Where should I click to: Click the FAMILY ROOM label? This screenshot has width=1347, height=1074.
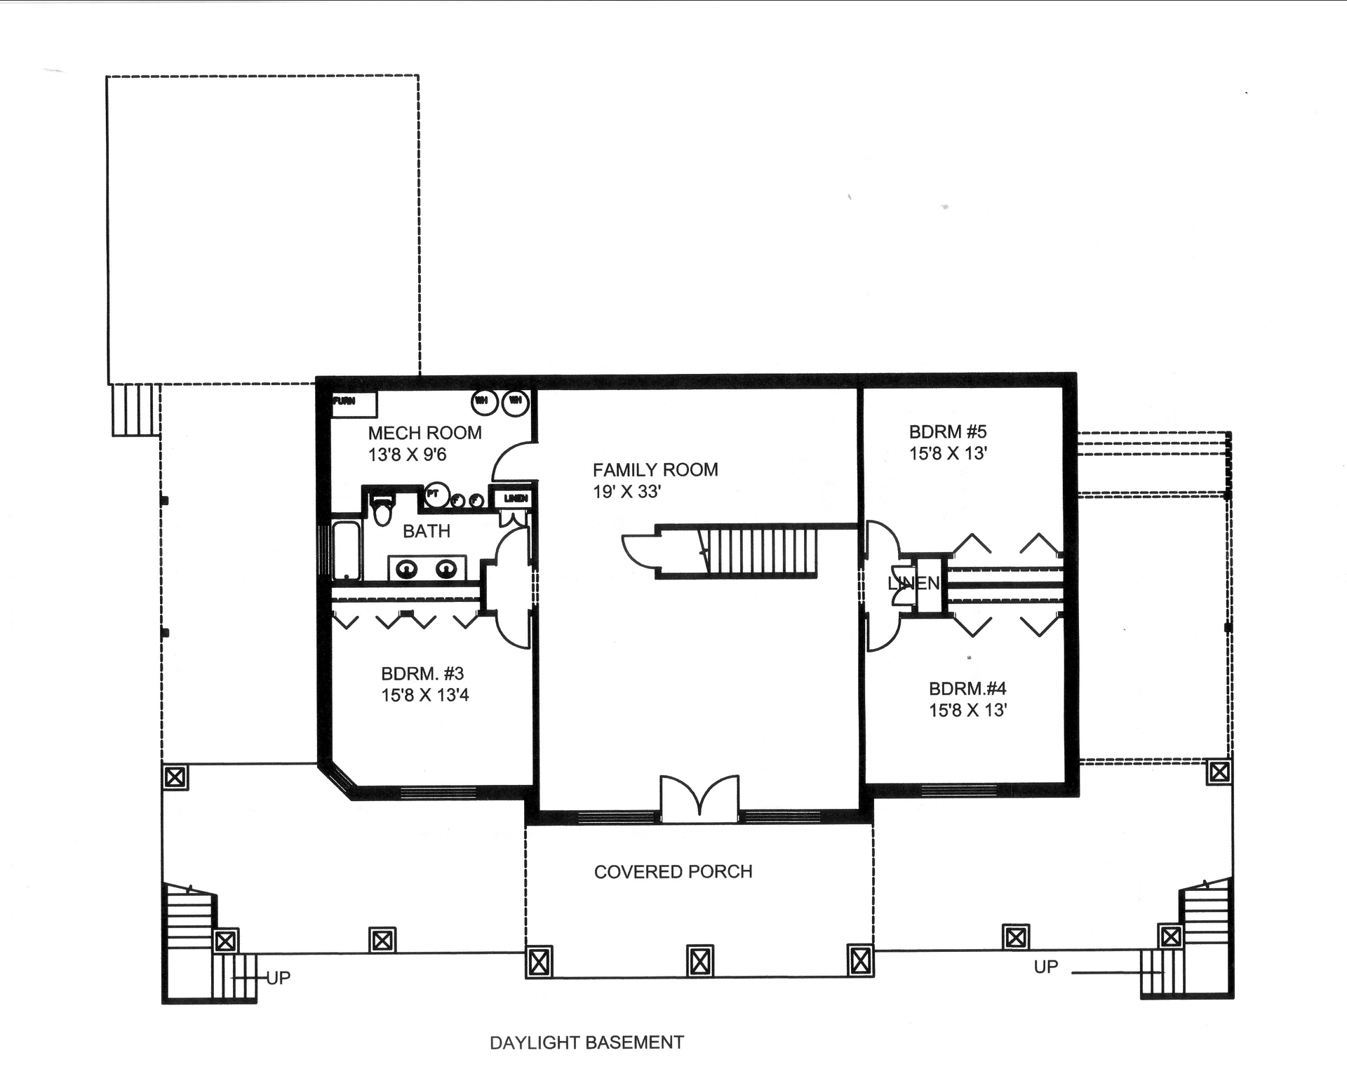click(x=655, y=469)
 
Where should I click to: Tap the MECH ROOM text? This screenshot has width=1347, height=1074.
click(x=424, y=433)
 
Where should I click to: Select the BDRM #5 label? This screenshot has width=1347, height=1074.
click(x=948, y=431)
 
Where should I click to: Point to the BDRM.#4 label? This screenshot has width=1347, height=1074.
click(x=967, y=688)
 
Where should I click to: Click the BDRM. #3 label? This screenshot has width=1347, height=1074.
click(x=422, y=673)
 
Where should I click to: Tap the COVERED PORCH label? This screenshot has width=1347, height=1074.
click(x=673, y=871)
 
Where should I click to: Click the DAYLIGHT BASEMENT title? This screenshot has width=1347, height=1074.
click(x=587, y=1042)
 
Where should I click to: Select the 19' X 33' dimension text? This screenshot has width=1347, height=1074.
click(x=626, y=492)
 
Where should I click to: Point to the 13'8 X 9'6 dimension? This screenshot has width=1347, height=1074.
click(x=407, y=455)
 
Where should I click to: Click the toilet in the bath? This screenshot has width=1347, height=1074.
click(x=382, y=511)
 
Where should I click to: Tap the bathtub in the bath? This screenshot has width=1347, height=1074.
click(x=346, y=550)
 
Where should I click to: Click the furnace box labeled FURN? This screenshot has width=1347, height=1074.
click(x=354, y=403)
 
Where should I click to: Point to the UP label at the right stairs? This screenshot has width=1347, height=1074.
click(x=1045, y=967)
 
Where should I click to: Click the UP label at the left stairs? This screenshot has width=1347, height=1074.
click(x=279, y=977)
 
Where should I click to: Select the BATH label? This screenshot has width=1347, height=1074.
click(x=426, y=531)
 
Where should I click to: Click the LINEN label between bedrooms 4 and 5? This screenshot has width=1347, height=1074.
click(x=913, y=582)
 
